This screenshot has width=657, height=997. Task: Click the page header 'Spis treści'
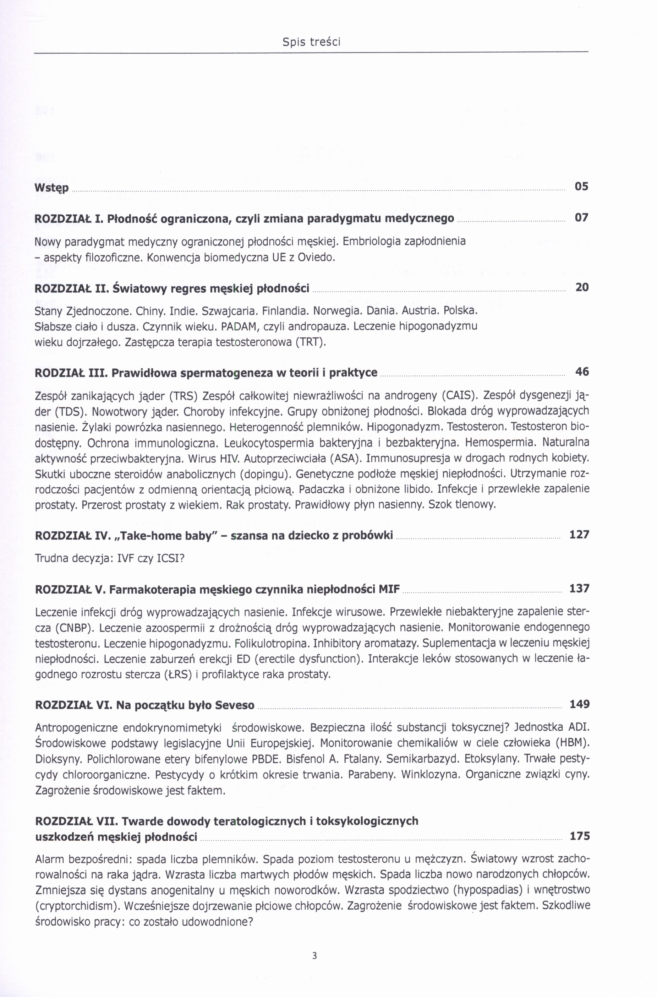click(x=311, y=42)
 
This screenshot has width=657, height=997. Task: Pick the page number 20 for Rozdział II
click(x=582, y=287)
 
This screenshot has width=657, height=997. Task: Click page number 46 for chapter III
click(x=582, y=372)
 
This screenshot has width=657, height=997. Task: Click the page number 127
click(x=579, y=535)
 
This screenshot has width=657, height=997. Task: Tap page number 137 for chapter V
click(x=579, y=588)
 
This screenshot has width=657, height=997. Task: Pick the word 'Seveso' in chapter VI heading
click(x=235, y=705)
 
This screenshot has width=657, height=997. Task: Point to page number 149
click(x=579, y=704)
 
